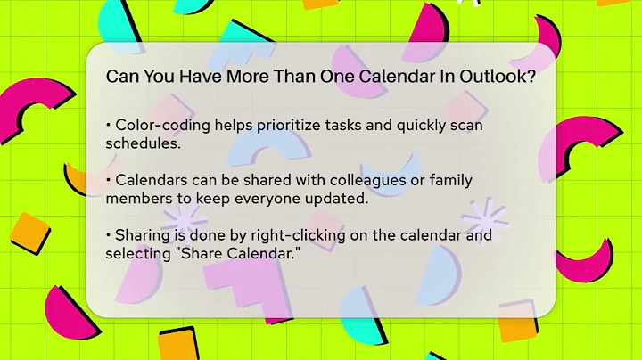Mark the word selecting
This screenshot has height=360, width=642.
138,254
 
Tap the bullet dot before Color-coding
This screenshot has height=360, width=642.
109,126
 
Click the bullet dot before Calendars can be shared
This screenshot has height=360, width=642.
109,180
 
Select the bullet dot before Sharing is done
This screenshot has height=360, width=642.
109,236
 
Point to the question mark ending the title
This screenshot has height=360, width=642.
531,77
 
